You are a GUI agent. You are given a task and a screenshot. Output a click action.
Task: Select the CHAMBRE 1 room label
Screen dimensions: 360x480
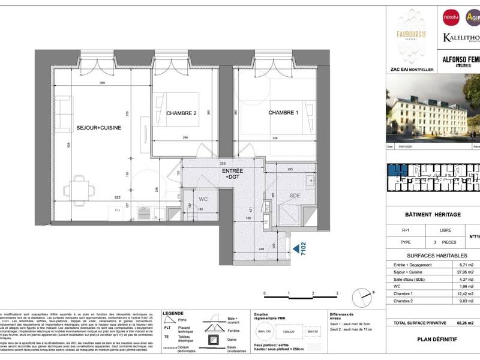(x=283, y=113)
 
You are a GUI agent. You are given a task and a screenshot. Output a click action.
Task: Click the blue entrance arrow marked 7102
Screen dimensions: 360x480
(x=296, y=247)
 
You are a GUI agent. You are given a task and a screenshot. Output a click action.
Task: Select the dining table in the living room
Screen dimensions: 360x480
(x=81, y=189)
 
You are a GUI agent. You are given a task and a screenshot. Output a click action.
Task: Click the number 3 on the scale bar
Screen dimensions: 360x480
(x=337, y=293)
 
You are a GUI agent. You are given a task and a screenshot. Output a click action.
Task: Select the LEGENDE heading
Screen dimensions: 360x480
(x=174, y=313)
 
